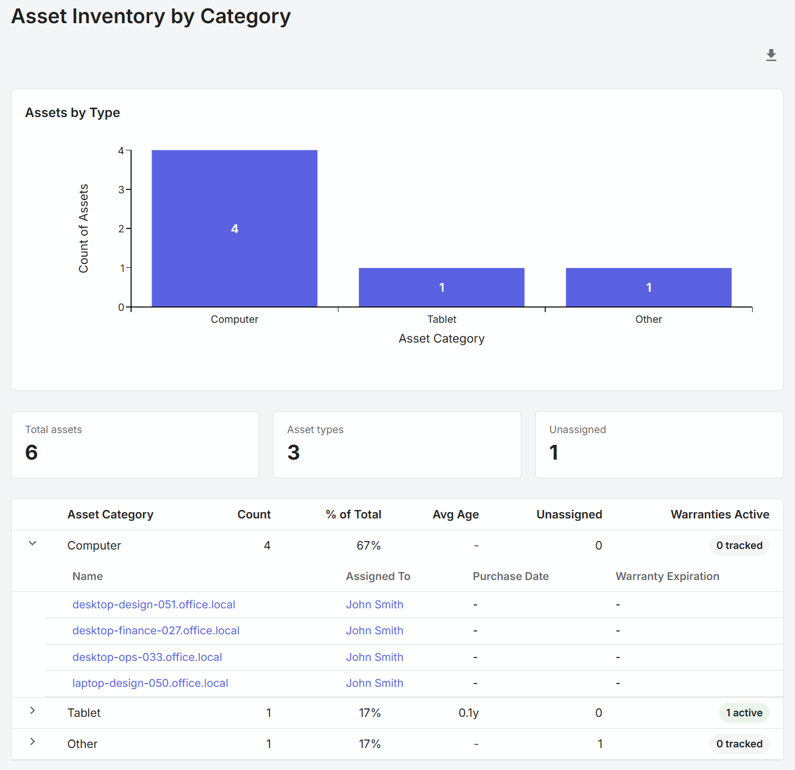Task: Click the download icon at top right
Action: coord(771,55)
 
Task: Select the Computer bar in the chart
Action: coord(234,228)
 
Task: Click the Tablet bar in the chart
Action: coord(441,287)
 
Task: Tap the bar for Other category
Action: coord(648,287)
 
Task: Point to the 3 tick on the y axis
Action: coord(121,190)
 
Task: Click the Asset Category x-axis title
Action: coord(441,339)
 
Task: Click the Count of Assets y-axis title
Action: coord(84,228)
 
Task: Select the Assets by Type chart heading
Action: coord(72,113)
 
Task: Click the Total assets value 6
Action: coord(32,452)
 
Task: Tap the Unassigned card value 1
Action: coord(554,452)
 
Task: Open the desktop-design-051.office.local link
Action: coord(154,604)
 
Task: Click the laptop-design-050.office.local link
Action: coord(150,683)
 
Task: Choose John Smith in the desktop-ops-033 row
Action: coord(375,657)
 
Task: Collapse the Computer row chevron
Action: coord(33,543)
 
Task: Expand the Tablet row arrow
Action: coord(33,711)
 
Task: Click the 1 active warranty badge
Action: coord(744,713)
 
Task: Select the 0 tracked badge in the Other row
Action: coord(739,744)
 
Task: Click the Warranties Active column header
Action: coord(719,514)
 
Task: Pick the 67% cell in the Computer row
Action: coord(368,546)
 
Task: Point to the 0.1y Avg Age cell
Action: coord(468,713)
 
